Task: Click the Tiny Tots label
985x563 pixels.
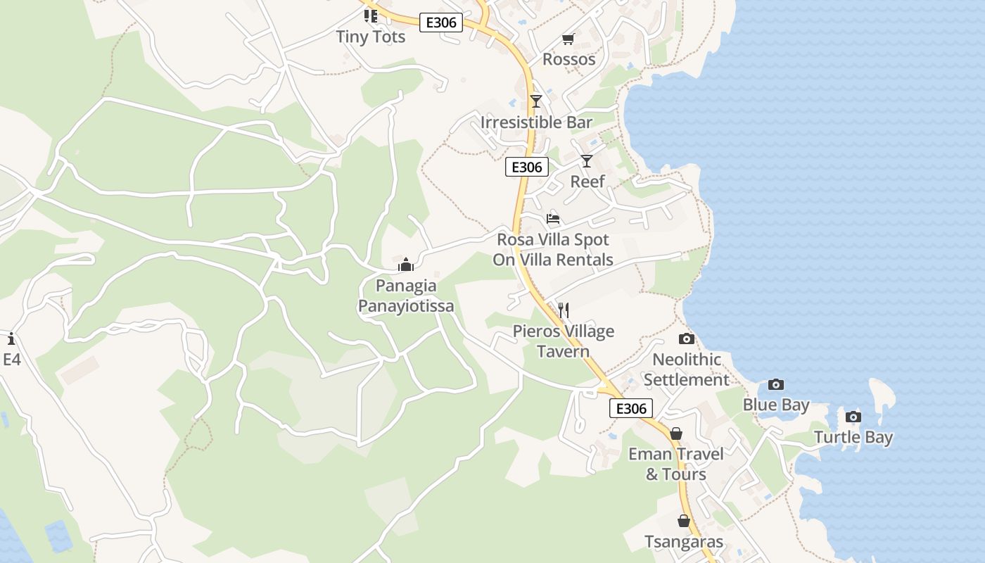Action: click(x=371, y=37)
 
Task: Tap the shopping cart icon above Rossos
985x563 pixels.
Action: click(x=568, y=39)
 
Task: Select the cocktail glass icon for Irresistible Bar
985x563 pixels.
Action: click(x=536, y=101)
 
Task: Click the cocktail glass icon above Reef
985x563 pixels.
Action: click(x=587, y=161)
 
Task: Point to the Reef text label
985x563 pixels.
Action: click(x=587, y=182)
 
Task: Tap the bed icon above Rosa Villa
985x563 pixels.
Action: click(x=553, y=219)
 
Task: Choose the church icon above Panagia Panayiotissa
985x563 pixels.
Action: click(x=406, y=265)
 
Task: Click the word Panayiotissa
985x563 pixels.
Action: click(x=406, y=306)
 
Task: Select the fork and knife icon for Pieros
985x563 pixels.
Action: click(x=563, y=310)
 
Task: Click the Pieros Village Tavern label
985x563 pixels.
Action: click(x=563, y=341)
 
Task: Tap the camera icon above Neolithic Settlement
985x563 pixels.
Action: click(x=687, y=339)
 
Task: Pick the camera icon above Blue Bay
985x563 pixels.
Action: click(x=776, y=384)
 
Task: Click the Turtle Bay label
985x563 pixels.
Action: click(x=853, y=437)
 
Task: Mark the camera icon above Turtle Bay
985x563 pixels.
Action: click(x=853, y=417)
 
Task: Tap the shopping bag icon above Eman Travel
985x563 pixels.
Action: click(x=676, y=434)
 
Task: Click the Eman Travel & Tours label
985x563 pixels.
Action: click(x=676, y=464)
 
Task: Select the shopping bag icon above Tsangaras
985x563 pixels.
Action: click(x=684, y=521)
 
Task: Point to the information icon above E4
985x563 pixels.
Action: click(x=11, y=339)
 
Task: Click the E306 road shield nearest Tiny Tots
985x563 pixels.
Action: click(x=441, y=23)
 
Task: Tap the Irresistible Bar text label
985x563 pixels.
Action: click(x=536, y=122)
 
